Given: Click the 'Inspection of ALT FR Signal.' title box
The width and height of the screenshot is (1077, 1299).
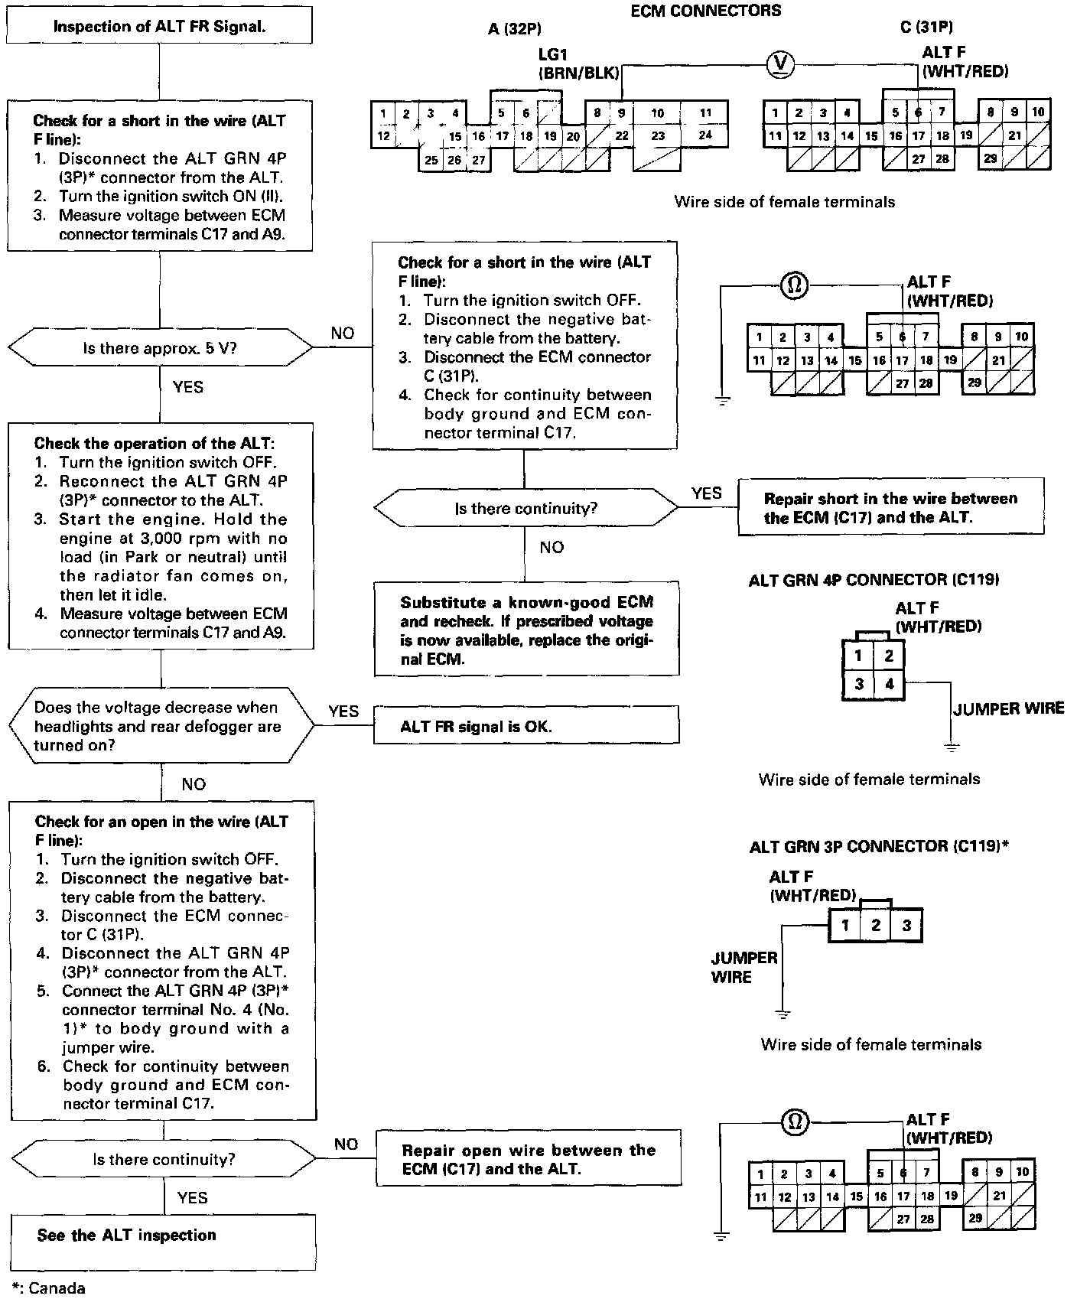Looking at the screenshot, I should [159, 27].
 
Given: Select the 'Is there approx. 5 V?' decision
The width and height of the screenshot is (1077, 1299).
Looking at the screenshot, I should [160, 349].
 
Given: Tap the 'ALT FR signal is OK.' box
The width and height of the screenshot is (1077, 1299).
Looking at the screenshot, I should [525, 725].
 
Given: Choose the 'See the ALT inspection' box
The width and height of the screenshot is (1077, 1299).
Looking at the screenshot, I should [163, 1236].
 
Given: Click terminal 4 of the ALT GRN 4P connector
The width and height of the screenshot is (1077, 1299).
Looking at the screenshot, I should [889, 683].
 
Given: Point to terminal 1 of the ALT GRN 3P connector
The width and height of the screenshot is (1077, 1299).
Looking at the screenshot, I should [845, 926].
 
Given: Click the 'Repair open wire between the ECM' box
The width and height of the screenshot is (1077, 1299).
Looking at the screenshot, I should [528, 1160].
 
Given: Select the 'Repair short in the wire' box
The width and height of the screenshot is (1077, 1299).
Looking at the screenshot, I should [890, 507].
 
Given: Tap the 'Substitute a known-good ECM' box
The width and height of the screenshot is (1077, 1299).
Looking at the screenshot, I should [526, 630].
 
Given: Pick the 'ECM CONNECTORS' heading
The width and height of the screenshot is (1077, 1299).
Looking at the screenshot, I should [705, 11].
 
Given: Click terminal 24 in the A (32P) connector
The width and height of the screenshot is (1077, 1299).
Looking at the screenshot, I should [704, 135].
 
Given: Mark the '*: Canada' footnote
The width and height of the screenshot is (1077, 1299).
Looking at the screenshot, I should [49, 1288].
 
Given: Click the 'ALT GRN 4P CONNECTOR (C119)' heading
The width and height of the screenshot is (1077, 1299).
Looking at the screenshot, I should [874, 580].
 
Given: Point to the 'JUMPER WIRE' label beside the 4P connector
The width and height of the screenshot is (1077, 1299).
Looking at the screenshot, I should [1008, 708].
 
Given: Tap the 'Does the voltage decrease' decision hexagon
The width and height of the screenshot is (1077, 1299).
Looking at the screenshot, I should [161, 726].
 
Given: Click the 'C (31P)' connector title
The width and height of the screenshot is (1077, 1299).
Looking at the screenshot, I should [926, 28].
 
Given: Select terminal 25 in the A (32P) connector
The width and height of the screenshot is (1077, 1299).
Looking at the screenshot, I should [431, 160].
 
